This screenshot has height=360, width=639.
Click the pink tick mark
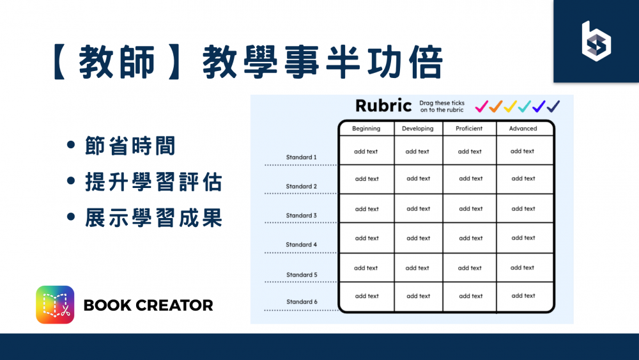[482, 106]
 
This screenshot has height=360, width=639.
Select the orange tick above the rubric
[496, 106]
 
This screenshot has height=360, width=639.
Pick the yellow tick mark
[510, 106]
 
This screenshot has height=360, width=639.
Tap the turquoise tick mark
[525, 106]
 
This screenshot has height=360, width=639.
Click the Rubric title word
[383, 106]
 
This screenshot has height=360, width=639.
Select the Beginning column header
[366, 129]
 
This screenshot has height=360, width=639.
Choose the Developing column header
[418, 129]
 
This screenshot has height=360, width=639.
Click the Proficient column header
[470, 129]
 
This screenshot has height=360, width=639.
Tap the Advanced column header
[523, 129]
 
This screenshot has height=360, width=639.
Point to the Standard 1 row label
[301, 157]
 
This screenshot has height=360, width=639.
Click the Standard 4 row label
[301, 245]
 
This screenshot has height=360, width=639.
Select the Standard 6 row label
[301, 302]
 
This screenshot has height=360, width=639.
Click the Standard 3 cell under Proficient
[470, 208]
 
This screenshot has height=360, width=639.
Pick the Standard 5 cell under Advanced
[523, 268]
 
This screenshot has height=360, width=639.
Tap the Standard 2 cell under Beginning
[367, 179]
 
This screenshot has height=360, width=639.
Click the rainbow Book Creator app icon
[55, 304]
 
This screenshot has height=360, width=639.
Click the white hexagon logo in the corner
[596, 41]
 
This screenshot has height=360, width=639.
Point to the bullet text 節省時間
[130, 146]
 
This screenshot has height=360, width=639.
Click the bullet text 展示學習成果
[153, 219]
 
